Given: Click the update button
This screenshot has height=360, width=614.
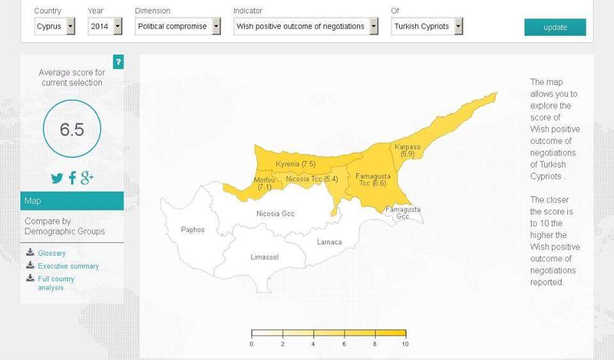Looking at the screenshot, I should (x=555, y=27).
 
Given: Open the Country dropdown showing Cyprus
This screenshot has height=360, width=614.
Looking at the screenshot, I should (x=54, y=26).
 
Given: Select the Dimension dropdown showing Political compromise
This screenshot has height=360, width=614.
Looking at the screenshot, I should (x=178, y=26).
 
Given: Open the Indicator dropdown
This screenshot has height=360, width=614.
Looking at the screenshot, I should (x=306, y=26).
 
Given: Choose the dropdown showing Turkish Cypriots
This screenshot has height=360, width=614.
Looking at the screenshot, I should (x=427, y=26).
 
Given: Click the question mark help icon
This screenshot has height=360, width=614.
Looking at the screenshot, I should (x=118, y=62).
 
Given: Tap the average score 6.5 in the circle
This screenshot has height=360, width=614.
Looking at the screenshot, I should (x=72, y=129).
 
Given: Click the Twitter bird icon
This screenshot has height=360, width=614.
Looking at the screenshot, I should (x=57, y=178).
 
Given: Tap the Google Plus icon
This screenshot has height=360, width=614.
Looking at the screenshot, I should (x=88, y=178).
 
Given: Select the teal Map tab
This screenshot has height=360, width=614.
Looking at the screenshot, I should (x=72, y=201).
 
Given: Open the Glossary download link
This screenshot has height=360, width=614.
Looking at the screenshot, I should (x=51, y=253).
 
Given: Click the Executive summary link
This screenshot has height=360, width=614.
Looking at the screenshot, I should (x=68, y=266).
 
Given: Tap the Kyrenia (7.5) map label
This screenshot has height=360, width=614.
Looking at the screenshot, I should (x=295, y=164).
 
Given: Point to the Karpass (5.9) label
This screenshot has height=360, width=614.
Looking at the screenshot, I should (x=407, y=150).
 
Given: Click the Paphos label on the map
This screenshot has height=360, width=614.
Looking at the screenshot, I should (x=193, y=230).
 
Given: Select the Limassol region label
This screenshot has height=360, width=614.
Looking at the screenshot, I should (x=264, y=257).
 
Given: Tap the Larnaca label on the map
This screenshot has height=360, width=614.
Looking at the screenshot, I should (x=329, y=242).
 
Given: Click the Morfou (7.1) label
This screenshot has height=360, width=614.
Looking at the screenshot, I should (x=264, y=184).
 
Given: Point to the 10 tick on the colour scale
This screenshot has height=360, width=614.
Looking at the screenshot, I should (x=405, y=344).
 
